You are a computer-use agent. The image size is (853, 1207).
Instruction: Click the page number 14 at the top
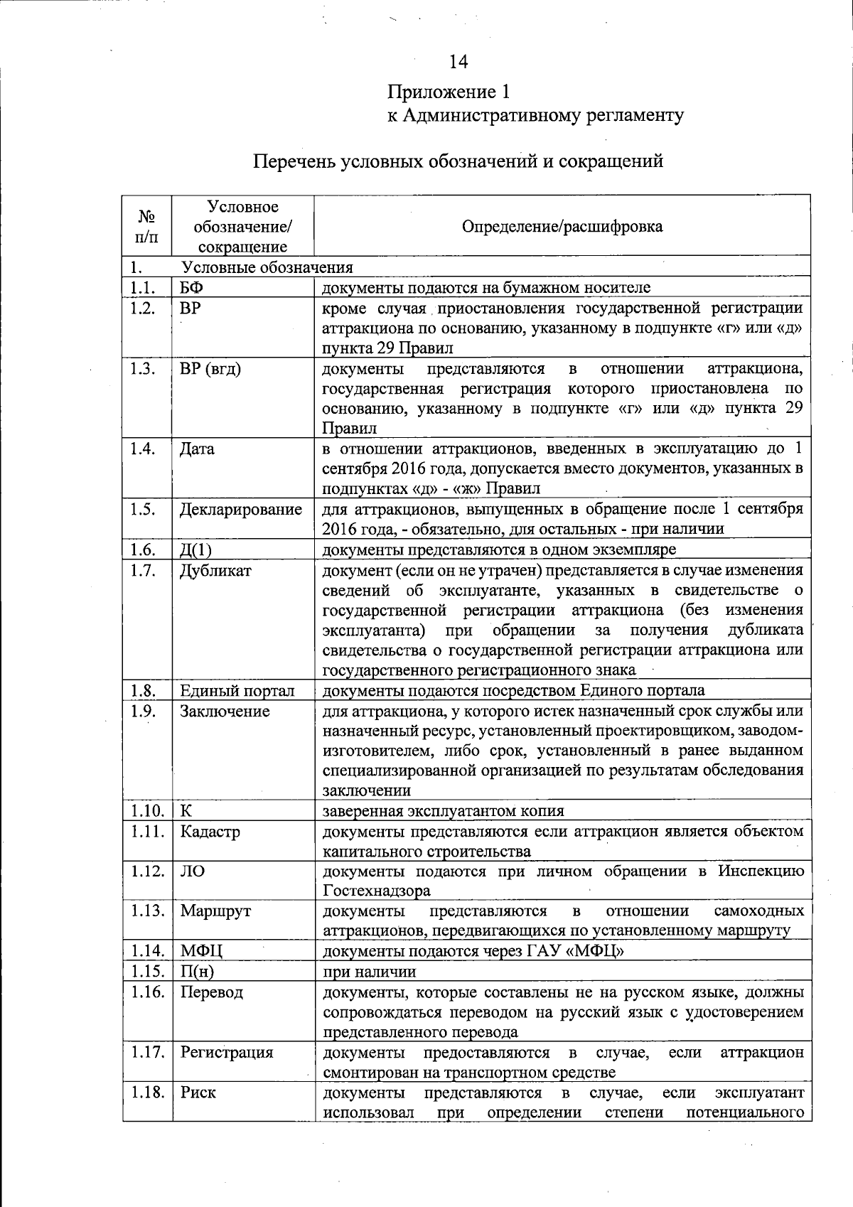coord(458,63)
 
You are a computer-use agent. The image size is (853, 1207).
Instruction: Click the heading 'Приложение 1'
coord(449,92)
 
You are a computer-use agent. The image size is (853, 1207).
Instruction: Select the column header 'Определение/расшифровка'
coord(562,227)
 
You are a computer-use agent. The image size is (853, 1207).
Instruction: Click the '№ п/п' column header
coord(146,226)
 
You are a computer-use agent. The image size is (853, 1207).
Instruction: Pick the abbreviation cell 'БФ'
coord(191,287)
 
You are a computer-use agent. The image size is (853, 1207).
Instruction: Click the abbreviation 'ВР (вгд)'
coord(210,369)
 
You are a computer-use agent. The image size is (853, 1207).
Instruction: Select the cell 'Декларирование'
coord(240,510)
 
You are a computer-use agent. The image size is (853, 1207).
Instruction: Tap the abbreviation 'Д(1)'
coord(196,550)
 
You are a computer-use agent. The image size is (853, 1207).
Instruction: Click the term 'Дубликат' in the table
coord(215,570)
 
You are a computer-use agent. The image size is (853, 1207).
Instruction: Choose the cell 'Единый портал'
coord(237,691)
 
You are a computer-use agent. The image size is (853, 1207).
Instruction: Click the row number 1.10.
coord(147,811)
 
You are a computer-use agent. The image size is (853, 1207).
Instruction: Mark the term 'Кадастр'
coord(210,832)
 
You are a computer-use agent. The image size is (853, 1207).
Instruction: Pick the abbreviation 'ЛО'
coord(193,871)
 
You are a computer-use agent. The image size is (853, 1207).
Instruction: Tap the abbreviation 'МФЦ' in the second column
coord(201,951)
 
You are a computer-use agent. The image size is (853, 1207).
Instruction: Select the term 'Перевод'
coord(211,992)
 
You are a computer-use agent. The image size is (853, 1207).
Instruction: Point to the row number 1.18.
coord(147,1093)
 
